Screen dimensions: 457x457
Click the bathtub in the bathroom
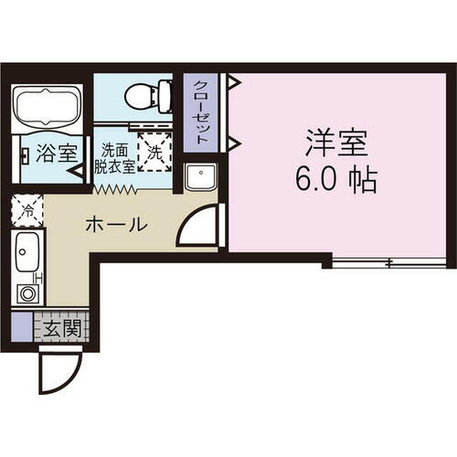tap(48, 108)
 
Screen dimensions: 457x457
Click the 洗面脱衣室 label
tap(117, 157)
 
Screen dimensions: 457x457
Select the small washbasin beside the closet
tap(198, 178)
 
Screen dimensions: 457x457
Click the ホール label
tap(115, 224)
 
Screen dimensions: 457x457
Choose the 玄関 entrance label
tap(59, 326)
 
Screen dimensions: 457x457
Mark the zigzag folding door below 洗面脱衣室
tap(115, 188)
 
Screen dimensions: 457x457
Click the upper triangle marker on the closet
tap(232, 82)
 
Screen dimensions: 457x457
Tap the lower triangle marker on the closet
tap(232, 141)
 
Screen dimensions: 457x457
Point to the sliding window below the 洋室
tap(388, 264)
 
